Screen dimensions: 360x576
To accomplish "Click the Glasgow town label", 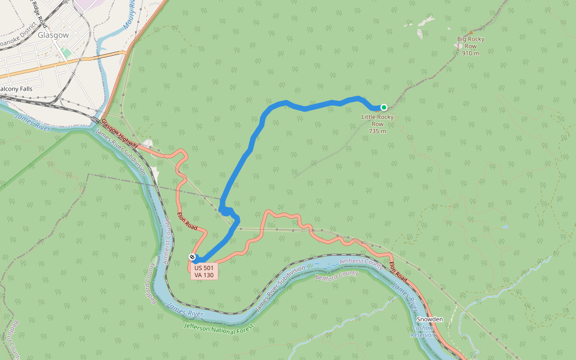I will [x=53, y=35].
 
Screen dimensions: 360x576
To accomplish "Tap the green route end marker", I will [x=384, y=107].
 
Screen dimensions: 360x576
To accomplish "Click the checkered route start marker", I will [x=192, y=257].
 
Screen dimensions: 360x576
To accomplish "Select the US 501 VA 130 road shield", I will [x=204, y=271].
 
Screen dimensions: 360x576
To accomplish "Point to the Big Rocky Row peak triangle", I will [x=470, y=32].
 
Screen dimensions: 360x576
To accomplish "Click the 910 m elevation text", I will [x=470, y=53].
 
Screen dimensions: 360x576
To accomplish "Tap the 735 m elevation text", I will [x=377, y=131].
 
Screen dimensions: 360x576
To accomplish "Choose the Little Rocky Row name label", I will [x=377, y=120].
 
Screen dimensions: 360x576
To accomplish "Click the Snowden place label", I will [x=430, y=319].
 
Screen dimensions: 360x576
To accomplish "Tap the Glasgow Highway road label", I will [x=120, y=133].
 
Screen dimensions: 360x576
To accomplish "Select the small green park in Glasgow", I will [x=65, y=53].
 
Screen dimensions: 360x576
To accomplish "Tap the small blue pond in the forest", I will [x=505, y=227].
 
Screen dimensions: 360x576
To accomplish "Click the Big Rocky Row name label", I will [x=470, y=43].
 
